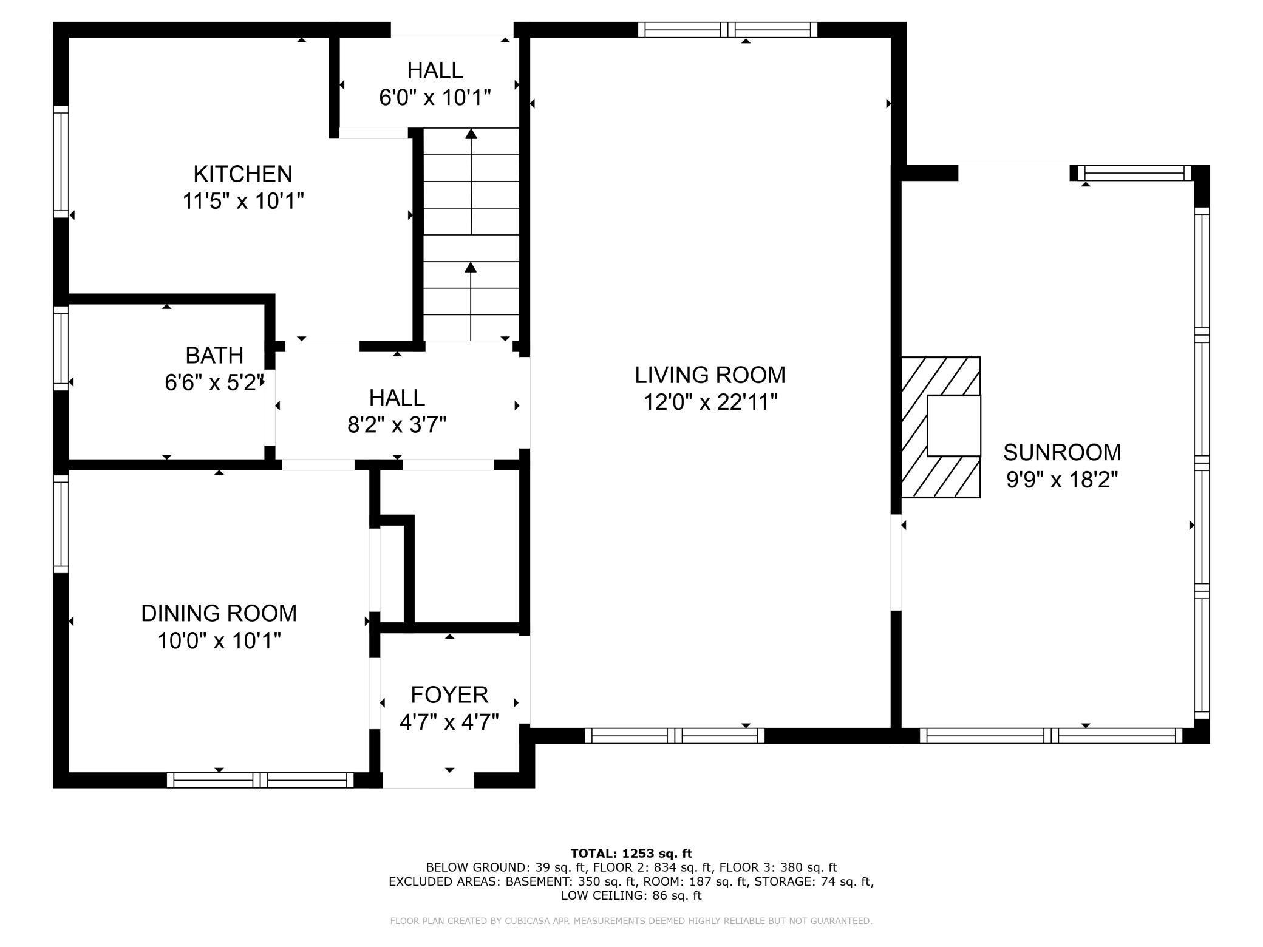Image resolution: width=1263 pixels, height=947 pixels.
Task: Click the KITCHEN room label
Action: pyautogui.click(x=242, y=174)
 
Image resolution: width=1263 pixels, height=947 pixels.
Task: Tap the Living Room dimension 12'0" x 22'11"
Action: pyautogui.click(x=710, y=402)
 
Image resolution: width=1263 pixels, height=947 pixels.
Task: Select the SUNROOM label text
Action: pyautogui.click(x=1062, y=452)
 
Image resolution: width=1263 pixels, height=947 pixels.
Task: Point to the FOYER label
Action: pyautogui.click(x=449, y=694)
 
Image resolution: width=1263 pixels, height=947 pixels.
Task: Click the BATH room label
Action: pyautogui.click(x=214, y=355)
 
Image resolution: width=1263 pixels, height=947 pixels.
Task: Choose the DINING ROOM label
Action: pyautogui.click(x=219, y=613)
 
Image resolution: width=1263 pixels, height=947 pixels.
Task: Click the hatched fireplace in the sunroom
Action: pyautogui.click(x=941, y=427)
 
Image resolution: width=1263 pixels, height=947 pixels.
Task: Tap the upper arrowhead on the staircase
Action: pyautogui.click(x=471, y=134)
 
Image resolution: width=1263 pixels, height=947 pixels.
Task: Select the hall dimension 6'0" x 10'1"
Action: pyautogui.click(x=435, y=97)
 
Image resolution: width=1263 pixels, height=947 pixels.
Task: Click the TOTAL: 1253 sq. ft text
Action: pyautogui.click(x=631, y=854)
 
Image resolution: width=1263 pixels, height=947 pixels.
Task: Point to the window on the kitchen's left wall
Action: pyautogui.click(x=61, y=161)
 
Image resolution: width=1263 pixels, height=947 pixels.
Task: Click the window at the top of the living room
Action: pyautogui.click(x=727, y=30)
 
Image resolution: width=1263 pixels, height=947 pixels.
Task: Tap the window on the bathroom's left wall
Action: pyautogui.click(x=61, y=348)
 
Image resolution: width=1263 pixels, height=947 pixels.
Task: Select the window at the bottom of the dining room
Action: pyautogui.click(x=260, y=780)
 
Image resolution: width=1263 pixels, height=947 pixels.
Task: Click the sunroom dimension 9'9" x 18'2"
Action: pyautogui.click(x=1062, y=480)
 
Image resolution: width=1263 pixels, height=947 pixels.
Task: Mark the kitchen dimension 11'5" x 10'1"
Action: pyautogui.click(x=243, y=200)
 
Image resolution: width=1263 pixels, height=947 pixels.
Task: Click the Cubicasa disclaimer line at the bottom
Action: pyautogui.click(x=631, y=921)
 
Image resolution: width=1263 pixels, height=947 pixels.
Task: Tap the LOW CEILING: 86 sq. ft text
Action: pyautogui.click(x=631, y=895)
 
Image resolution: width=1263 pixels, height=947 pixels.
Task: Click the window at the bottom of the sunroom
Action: pyautogui.click(x=1050, y=736)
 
